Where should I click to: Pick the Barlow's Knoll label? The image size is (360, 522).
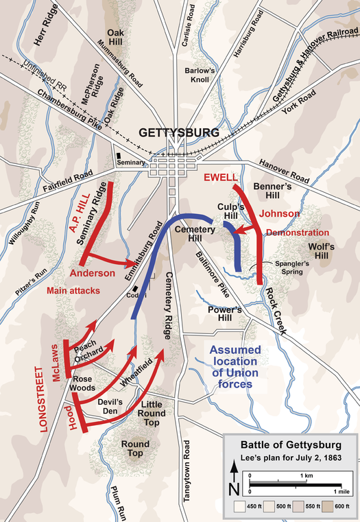click(x=202, y=75)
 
